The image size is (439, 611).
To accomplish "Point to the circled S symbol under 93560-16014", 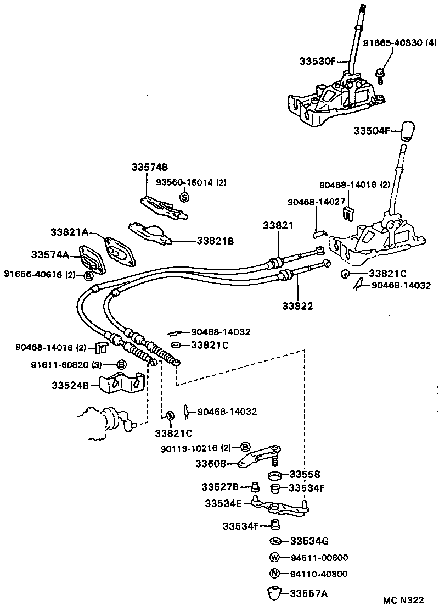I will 184,197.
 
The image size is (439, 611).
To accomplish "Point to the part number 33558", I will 305,474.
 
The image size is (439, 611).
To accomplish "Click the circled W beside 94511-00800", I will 275,557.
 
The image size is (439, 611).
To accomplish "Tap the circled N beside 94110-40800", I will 275,574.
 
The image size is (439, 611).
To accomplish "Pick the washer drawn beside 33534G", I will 276,541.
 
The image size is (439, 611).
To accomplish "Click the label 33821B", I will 216,240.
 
